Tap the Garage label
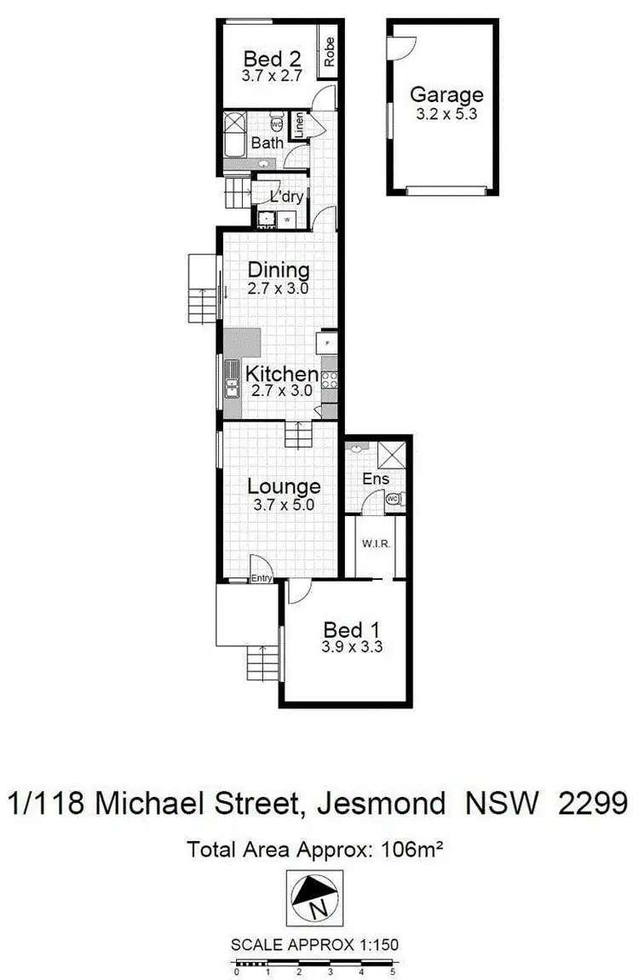[446, 95]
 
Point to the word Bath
[267, 143]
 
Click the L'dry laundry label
[287, 197]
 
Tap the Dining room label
[278, 271]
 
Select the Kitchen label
[282, 374]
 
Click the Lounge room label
[284, 486]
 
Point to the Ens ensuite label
[376, 479]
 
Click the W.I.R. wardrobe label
[376, 543]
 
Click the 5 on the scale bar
[393, 971]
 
